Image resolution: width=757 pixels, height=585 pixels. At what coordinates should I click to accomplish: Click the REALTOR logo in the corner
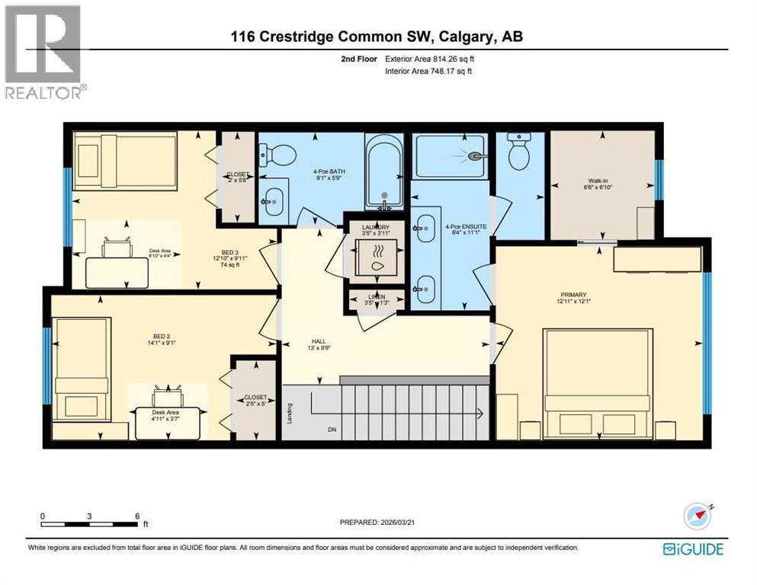tap(43, 51)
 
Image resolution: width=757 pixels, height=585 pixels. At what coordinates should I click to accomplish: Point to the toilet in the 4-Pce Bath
tap(278, 155)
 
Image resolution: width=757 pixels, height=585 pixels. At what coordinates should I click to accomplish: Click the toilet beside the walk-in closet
tap(519, 152)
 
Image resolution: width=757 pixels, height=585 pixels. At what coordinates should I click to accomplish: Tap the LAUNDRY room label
tap(375, 228)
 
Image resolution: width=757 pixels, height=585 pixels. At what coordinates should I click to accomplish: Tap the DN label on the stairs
tap(332, 430)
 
